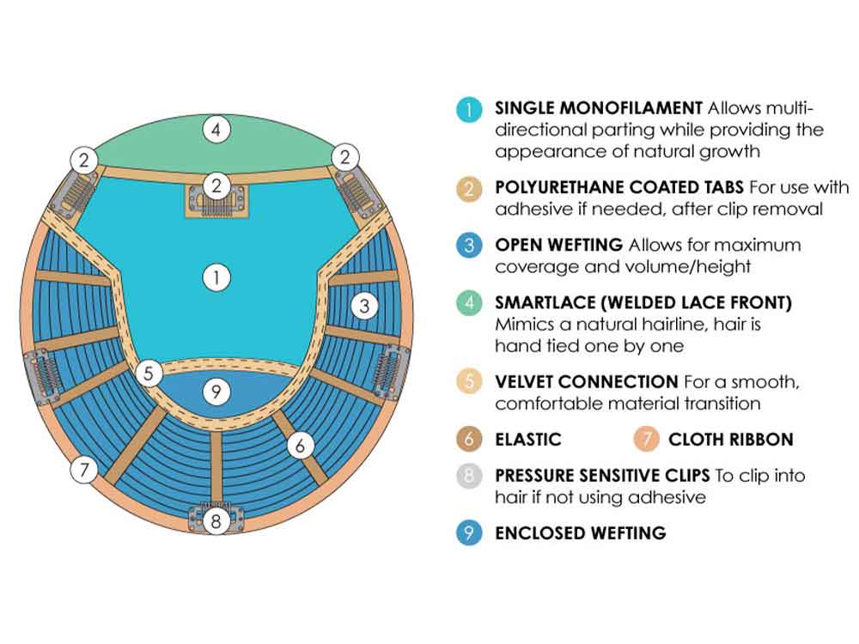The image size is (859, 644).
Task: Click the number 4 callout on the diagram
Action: coord(216,130)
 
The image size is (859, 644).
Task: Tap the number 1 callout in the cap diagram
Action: coord(216,276)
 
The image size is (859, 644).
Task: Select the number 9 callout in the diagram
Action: coord(216,392)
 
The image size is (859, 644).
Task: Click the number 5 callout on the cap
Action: coord(149,374)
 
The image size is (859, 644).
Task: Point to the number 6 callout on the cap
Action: coord(300,445)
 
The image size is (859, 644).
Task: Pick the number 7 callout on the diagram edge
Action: coord(83,470)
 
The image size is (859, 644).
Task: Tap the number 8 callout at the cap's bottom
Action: coord(216,519)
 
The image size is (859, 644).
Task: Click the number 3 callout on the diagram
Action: coord(364,304)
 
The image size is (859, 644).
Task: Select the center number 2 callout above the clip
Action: coord(216,185)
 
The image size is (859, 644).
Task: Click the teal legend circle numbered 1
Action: coord(468,109)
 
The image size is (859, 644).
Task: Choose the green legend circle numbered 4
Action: coord(468,303)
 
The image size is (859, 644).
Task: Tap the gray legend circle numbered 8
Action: coord(468,476)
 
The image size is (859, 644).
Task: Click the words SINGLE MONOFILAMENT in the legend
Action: coord(599,108)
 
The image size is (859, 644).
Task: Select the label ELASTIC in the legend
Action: coord(527,440)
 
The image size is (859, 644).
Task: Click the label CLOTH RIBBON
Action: coord(730,440)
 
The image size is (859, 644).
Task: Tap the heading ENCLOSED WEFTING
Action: coord(580,532)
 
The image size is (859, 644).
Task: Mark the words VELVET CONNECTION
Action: coord(586,381)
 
